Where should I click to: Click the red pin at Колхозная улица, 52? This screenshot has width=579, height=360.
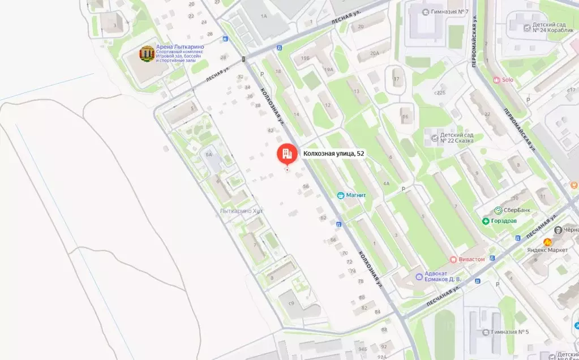[x=286, y=154]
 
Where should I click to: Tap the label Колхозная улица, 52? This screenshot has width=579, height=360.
[x=333, y=153]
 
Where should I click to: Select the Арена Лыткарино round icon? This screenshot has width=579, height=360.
[x=147, y=54]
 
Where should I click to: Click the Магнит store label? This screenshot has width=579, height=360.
[x=356, y=195]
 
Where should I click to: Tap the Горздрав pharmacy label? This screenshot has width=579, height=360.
[x=503, y=221]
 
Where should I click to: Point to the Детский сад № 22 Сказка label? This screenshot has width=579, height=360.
[x=461, y=139]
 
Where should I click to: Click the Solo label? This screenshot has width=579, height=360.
[x=507, y=80]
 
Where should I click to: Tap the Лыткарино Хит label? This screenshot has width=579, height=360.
[x=242, y=211]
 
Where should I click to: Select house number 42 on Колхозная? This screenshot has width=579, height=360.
[x=271, y=131]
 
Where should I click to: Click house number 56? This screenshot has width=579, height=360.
[x=306, y=186]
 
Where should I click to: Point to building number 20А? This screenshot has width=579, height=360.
[x=375, y=53]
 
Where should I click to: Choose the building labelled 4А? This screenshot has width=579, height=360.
[x=387, y=183]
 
